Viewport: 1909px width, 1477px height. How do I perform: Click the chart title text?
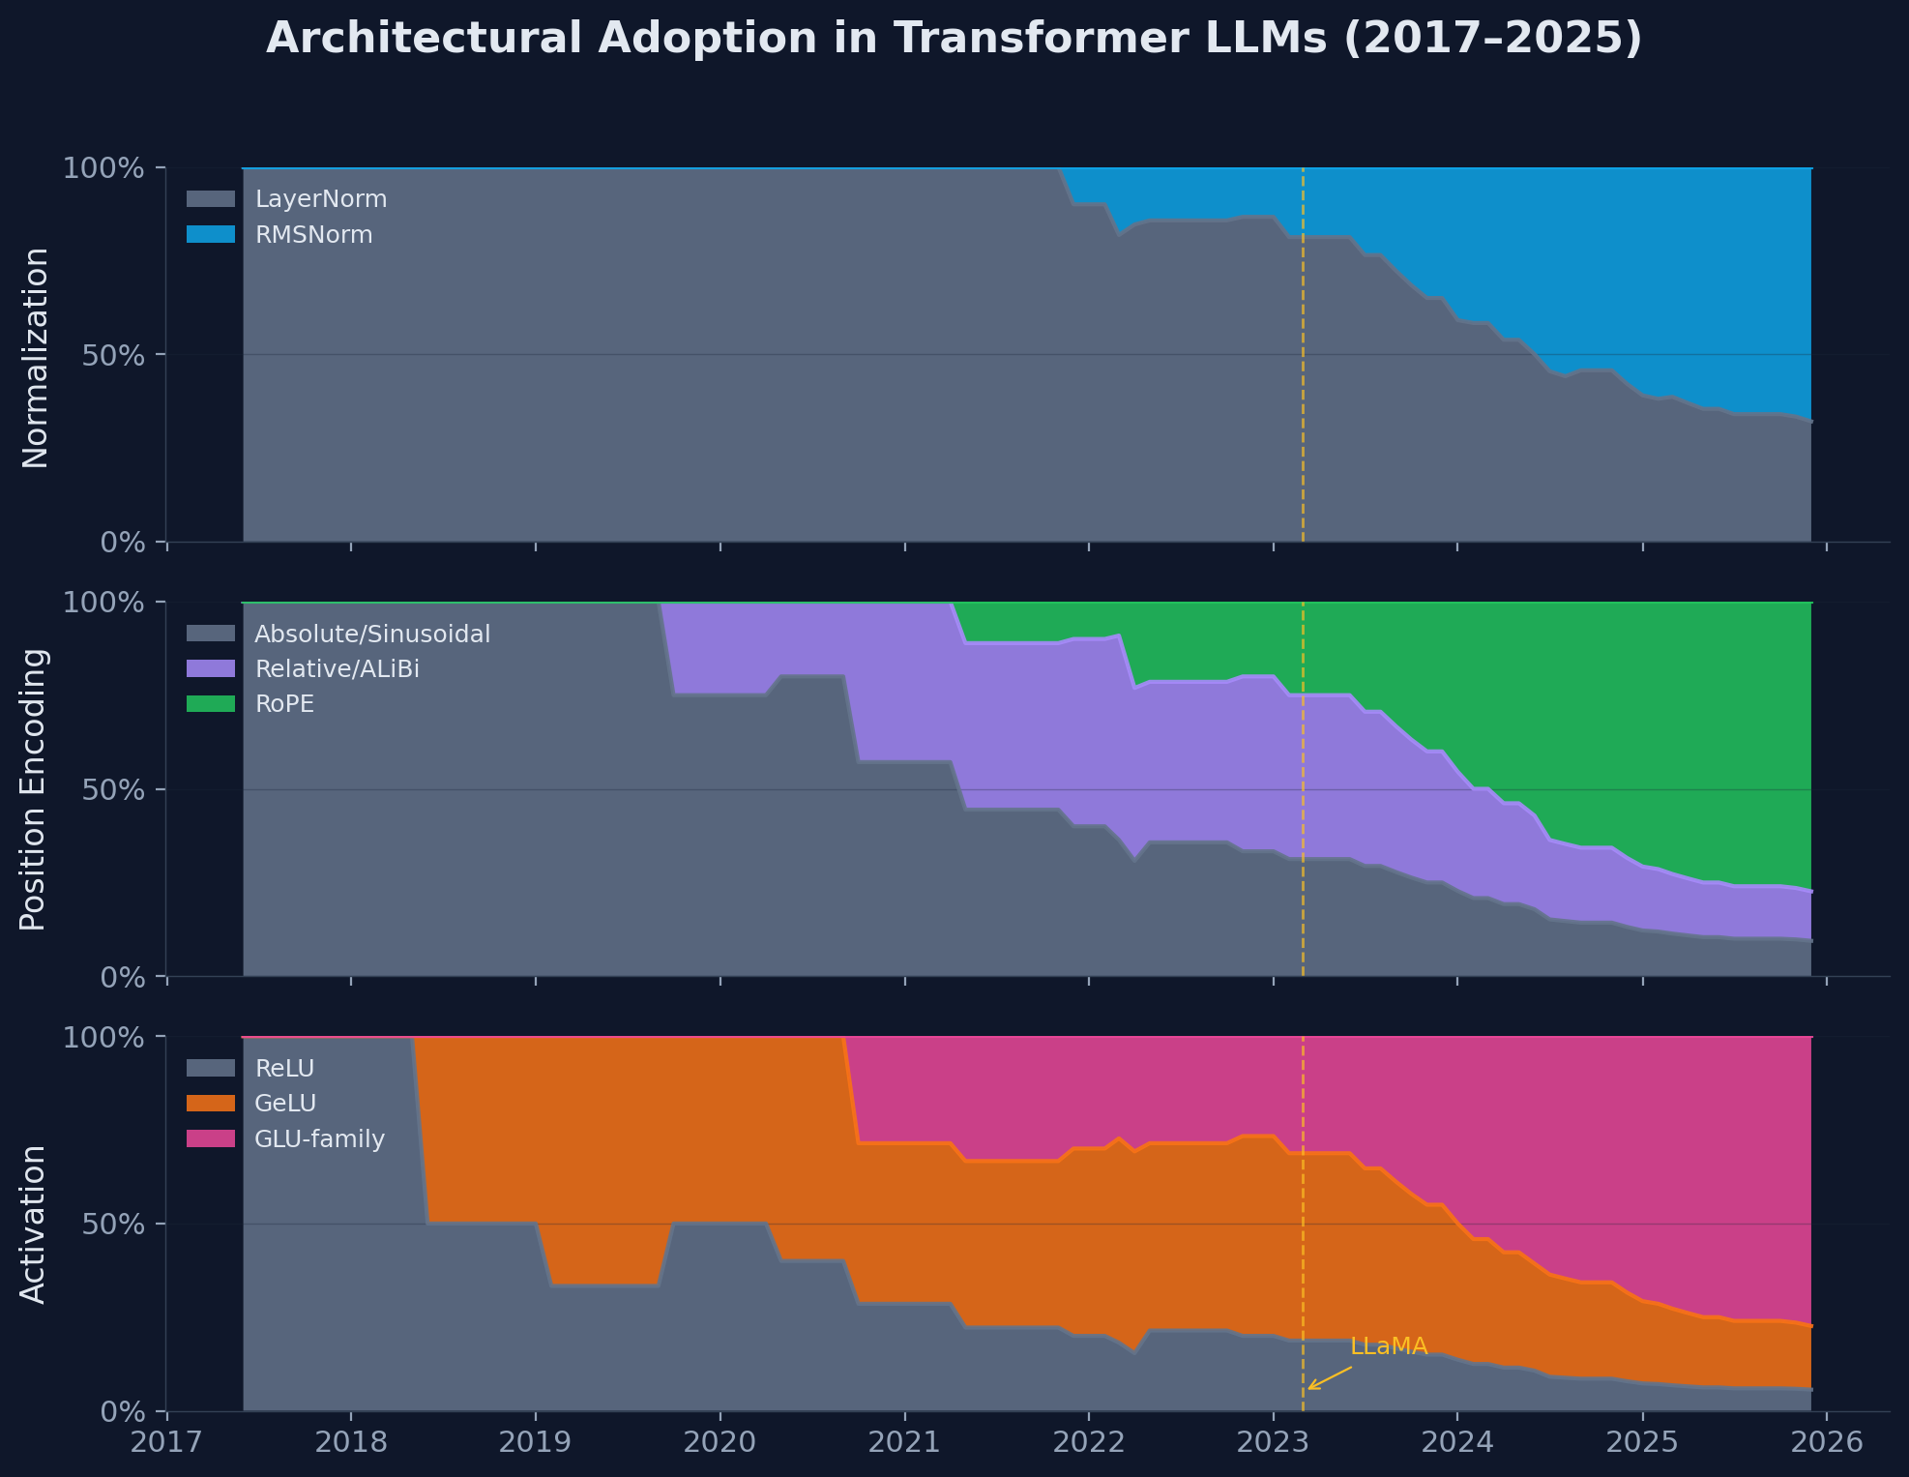954,39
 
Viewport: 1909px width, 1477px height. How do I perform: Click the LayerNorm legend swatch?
211,199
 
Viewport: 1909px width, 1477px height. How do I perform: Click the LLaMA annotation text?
1389,1346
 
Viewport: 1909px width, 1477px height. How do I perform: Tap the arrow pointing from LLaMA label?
1330,1378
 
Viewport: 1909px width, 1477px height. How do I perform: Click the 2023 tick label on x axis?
1273,1443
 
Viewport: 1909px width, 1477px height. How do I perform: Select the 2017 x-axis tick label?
167,1443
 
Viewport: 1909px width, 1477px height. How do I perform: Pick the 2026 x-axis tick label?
1826,1443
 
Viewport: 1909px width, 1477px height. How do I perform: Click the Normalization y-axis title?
35,357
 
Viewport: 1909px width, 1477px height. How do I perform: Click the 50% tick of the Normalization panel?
117,355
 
